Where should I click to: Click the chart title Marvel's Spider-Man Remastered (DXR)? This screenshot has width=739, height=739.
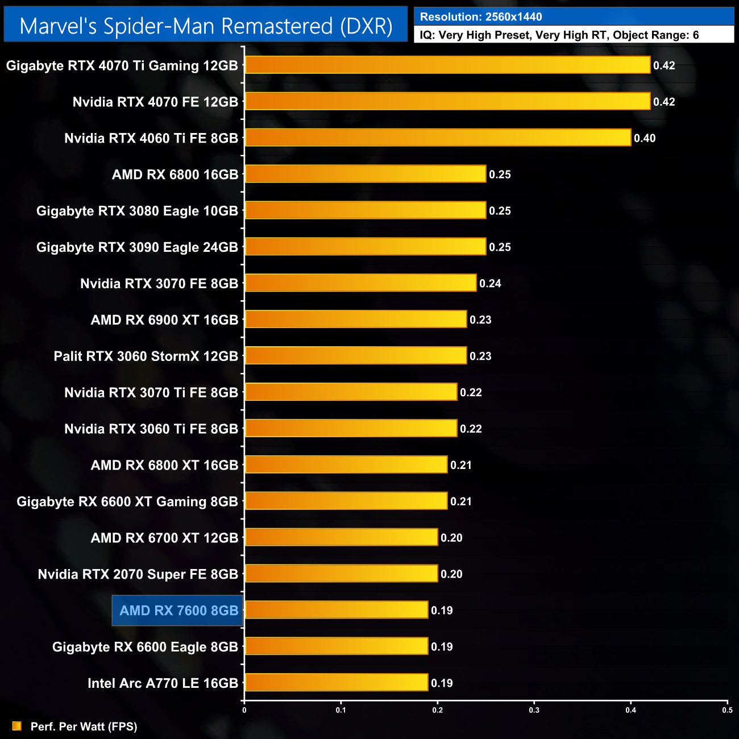coord(206,26)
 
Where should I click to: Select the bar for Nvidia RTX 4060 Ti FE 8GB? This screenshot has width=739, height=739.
coord(438,138)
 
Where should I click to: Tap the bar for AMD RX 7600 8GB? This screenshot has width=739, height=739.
coord(336,610)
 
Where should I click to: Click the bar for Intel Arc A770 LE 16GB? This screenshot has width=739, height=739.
coord(336,683)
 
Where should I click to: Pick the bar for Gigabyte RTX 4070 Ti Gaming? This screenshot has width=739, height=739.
coord(447,65)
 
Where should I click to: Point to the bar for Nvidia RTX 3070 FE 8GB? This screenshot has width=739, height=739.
coord(360,283)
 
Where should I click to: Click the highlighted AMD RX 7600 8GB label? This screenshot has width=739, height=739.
coord(178,611)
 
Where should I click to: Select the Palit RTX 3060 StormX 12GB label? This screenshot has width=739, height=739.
coord(146,356)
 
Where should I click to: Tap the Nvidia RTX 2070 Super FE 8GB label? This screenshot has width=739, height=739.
coord(138,574)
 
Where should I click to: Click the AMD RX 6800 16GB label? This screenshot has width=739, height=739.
coord(175,175)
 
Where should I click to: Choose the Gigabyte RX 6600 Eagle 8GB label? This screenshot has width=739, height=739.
coord(145,647)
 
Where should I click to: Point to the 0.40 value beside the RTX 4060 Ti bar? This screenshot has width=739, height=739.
coord(645,138)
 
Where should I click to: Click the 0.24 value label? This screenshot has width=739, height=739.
coord(490,284)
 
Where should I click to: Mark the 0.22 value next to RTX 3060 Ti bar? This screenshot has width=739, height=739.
coord(471,429)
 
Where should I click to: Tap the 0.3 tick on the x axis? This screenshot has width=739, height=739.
coord(534,710)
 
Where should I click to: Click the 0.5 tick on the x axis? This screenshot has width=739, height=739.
coord(727,710)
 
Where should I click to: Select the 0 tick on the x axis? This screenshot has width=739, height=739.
coord(244,710)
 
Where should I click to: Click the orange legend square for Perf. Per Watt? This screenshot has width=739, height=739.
coord(17,726)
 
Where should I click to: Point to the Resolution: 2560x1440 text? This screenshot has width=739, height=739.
coord(481,17)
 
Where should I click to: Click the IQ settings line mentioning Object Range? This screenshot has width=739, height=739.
coord(559,35)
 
